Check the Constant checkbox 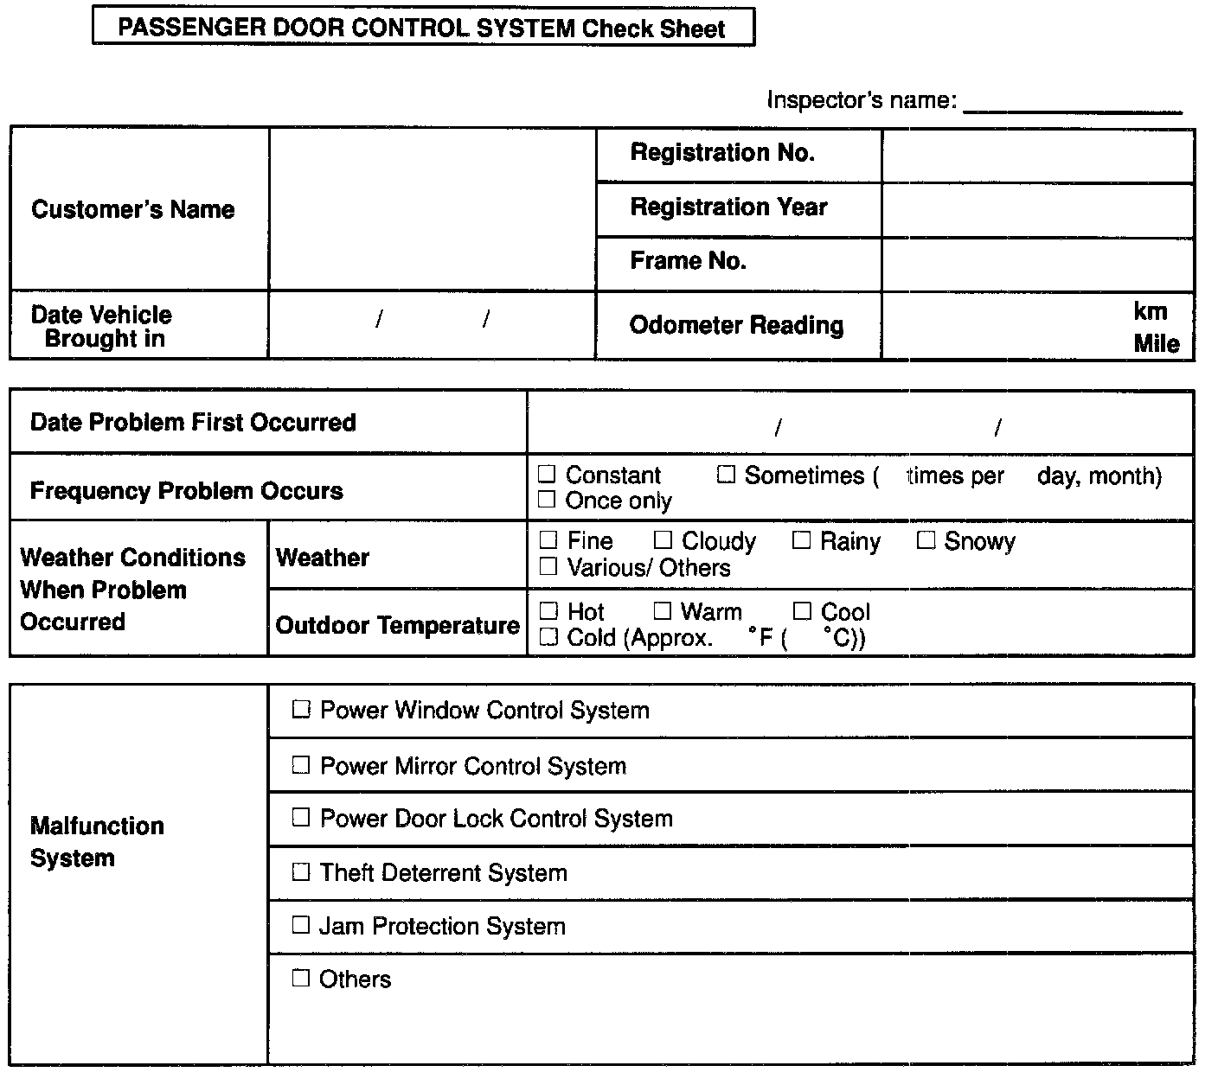pyautogui.click(x=547, y=474)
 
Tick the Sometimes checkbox pyautogui.click(x=726, y=475)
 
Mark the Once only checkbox pyautogui.click(x=547, y=499)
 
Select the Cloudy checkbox pyautogui.click(x=663, y=540)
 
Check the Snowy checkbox pyautogui.click(x=926, y=540)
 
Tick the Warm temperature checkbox pyautogui.click(x=663, y=611)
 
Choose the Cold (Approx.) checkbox pyautogui.click(x=548, y=637)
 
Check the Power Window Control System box pyautogui.click(x=300, y=710)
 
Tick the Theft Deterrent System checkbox pyautogui.click(x=300, y=871)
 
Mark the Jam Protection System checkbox pyautogui.click(x=300, y=925)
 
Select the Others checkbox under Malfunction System pyautogui.click(x=300, y=978)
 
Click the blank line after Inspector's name pyautogui.click(x=1073, y=104)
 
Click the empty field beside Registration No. pyautogui.click(x=1037, y=155)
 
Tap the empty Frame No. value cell pyautogui.click(x=1037, y=264)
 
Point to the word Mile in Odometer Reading pyautogui.click(x=1157, y=343)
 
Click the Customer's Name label pyautogui.click(x=132, y=209)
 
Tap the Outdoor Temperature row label pyautogui.click(x=397, y=625)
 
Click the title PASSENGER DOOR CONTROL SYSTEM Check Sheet pyautogui.click(x=422, y=28)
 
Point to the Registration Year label pyautogui.click(x=728, y=207)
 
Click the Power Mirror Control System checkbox pyautogui.click(x=300, y=765)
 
